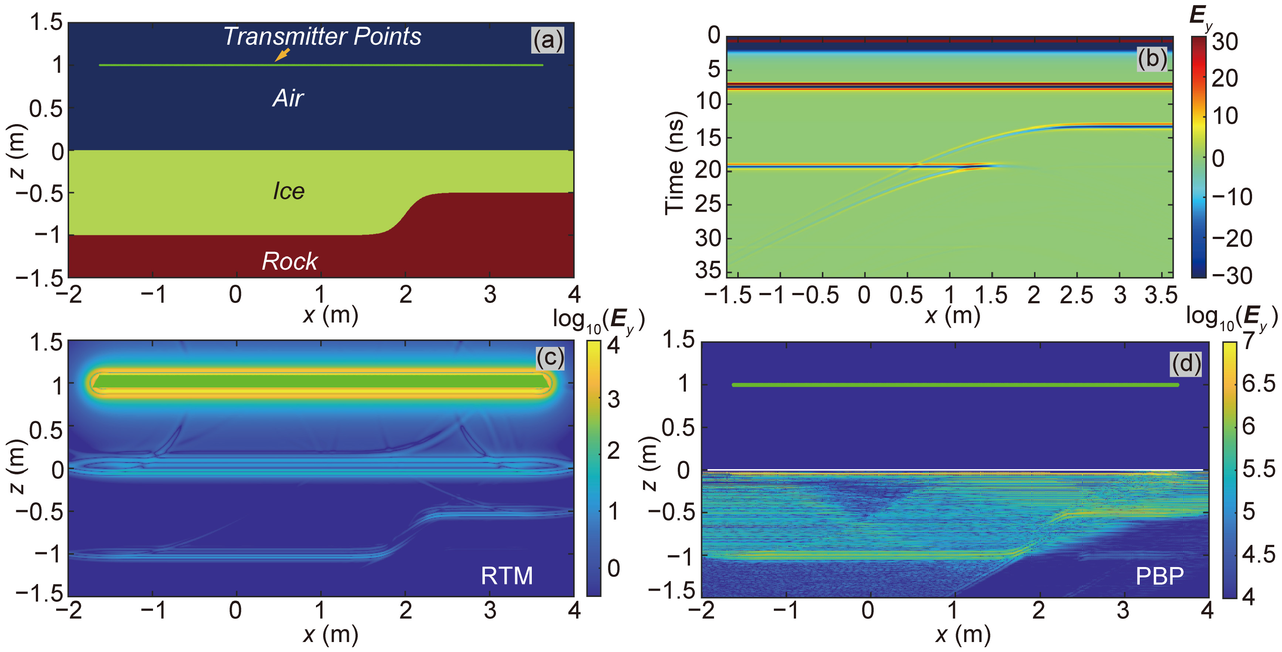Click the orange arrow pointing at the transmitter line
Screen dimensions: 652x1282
coord(282,54)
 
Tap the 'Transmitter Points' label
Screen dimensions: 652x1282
coord(322,36)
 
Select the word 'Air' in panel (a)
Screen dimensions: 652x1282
coord(288,98)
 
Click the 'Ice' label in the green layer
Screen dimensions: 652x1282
coord(289,191)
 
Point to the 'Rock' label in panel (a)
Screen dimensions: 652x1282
coord(290,261)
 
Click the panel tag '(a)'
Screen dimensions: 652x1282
coord(547,40)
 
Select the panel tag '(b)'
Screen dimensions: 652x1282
coord(1152,59)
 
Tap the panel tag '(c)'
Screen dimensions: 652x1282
coord(550,358)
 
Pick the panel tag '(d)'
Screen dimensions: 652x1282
coord(1186,364)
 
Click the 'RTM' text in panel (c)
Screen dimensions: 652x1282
coord(507,576)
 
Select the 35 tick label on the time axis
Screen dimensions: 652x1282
coord(708,270)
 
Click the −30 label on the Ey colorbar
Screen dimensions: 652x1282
coord(1232,275)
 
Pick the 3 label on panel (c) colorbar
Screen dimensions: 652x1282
coord(613,399)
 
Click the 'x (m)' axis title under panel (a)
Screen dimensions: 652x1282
coord(330,315)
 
